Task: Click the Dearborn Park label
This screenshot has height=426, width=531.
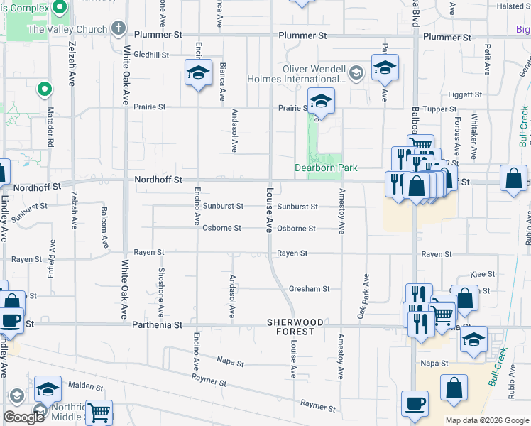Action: [x=326, y=168]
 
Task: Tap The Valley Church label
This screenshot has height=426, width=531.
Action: [x=67, y=30]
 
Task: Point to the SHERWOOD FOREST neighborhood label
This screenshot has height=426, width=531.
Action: [x=290, y=327]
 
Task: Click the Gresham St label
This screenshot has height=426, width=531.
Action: [x=309, y=289]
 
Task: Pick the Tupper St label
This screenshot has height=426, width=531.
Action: [x=444, y=109]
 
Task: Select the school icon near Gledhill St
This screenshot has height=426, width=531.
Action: [x=198, y=72]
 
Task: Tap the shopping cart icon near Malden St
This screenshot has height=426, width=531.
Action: [x=99, y=412]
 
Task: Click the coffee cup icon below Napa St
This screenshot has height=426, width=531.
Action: [x=415, y=403]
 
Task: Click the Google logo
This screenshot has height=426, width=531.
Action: [x=23, y=417]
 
